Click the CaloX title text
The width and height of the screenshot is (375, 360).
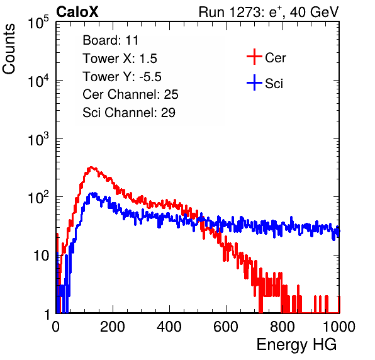point(77,12)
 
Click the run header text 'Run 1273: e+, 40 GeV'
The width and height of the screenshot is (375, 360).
point(269,12)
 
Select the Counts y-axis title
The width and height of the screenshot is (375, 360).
point(9,49)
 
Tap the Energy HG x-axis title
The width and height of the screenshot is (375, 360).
point(296,345)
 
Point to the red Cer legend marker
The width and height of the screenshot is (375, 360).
point(254,57)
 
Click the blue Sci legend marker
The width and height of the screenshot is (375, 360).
point(254,82)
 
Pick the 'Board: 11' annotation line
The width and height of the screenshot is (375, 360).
point(111,40)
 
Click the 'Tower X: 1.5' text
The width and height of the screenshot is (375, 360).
point(120,59)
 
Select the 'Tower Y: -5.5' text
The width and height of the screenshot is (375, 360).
point(122,77)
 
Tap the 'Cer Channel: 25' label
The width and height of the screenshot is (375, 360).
point(130,94)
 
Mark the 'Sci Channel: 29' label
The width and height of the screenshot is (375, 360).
point(129,113)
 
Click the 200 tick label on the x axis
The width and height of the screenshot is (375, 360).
point(113,327)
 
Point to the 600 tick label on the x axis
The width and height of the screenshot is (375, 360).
point(226,327)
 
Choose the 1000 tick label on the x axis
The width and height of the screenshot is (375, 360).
point(339,327)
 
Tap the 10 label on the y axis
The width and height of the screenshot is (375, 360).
point(41,256)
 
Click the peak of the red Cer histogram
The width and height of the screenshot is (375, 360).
point(91,167)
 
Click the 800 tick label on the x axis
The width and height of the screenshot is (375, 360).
point(283,327)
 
